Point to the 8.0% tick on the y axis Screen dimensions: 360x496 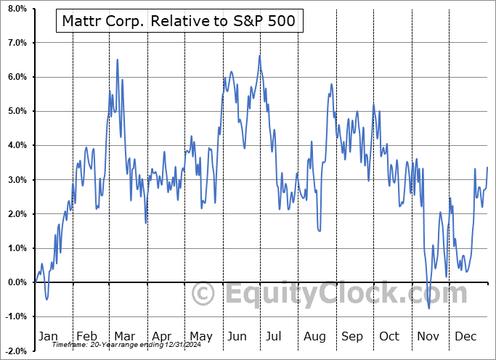[17, 9]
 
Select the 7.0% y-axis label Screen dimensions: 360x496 [17, 43]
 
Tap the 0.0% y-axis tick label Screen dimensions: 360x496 [17, 282]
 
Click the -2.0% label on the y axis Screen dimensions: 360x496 [15, 351]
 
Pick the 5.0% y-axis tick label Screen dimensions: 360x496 [17, 111]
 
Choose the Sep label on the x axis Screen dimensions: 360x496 [352, 337]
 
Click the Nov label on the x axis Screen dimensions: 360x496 [428, 337]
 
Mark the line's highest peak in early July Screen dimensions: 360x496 [259, 56]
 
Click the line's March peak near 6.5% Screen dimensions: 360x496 [118, 60]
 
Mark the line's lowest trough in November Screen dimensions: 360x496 [428, 308]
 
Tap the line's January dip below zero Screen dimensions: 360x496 [46, 299]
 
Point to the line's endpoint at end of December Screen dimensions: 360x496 [487, 168]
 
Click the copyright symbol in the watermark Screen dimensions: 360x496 [203, 294]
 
